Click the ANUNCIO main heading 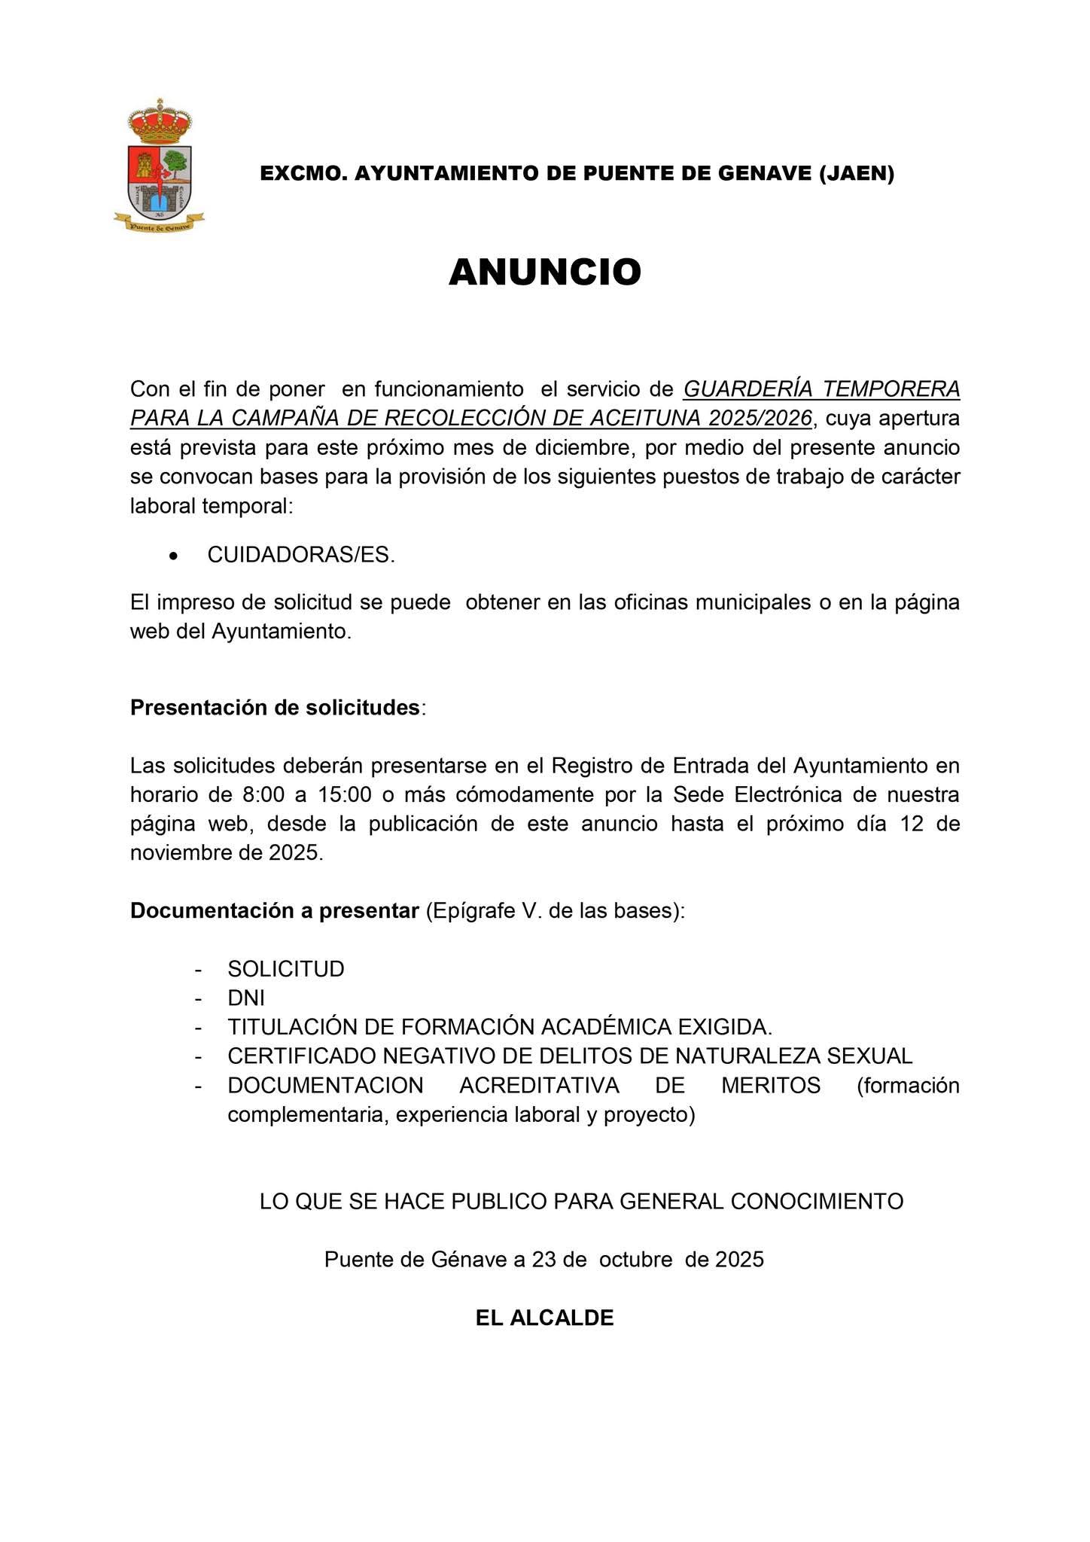coord(544,272)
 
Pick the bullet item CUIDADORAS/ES coord(301,555)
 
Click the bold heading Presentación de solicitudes coord(275,708)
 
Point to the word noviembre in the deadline coord(178,853)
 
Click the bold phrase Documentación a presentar coord(274,910)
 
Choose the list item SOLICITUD coord(286,969)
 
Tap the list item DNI coord(246,998)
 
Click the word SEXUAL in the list coord(869,1056)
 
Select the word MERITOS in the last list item coord(771,1086)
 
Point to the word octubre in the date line coord(636,1260)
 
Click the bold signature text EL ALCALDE coord(544,1318)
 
